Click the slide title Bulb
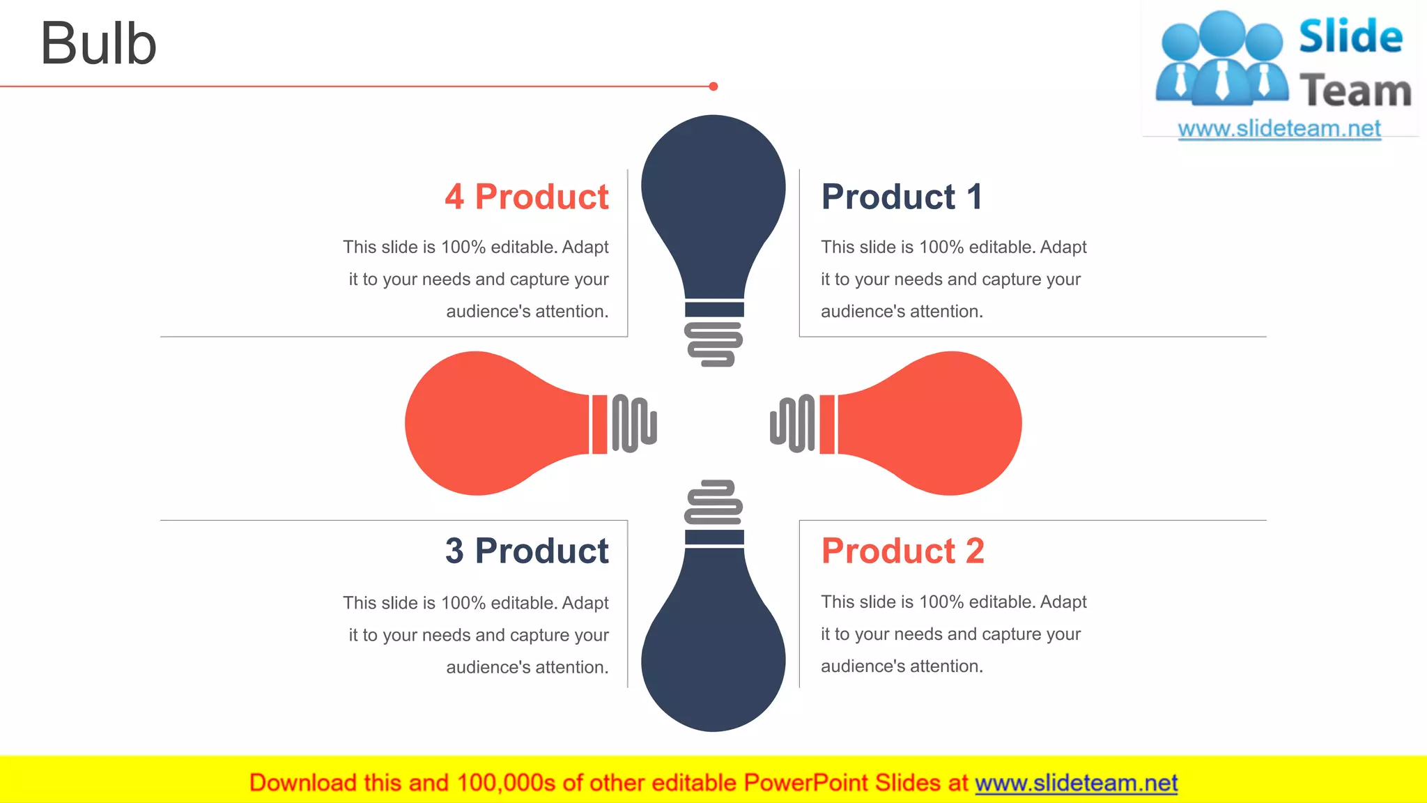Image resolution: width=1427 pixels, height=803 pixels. click(98, 43)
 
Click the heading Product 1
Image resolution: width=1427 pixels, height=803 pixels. click(902, 197)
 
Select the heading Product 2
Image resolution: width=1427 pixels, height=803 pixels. click(902, 551)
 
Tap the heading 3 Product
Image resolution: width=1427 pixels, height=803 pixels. click(527, 551)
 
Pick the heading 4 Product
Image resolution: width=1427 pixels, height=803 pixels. click(527, 197)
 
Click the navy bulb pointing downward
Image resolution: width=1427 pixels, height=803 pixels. click(713, 648)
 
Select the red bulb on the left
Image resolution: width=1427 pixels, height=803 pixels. click(488, 423)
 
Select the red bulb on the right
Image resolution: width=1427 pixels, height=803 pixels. click(941, 423)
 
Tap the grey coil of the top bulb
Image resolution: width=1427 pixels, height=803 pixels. click(713, 344)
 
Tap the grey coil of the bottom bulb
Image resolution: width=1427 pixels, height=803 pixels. click(713, 503)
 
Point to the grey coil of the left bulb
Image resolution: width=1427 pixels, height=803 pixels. click(634, 423)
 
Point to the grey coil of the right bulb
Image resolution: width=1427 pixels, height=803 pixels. click(793, 423)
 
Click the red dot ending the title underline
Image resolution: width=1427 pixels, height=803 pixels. click(713, 86)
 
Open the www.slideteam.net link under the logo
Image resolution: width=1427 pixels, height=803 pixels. click(1279, 128)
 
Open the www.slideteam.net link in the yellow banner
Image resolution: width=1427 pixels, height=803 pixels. click(1076, 783)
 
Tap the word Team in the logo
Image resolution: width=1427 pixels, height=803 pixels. click(1355, 91)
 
